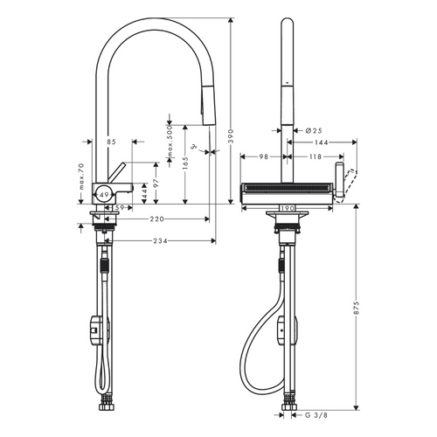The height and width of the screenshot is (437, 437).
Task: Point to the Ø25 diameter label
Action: point(303,130)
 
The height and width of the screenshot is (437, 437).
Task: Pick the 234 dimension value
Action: point(157,241)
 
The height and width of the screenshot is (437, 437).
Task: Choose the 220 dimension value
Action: point(157,219)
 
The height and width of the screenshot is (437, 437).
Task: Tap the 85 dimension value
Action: point(111,141)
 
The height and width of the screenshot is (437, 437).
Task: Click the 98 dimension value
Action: point(263,157)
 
